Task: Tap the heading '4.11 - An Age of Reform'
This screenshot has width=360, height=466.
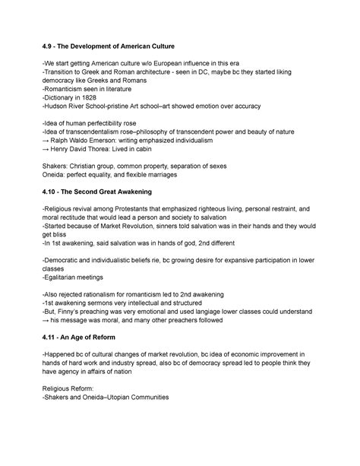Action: [x=90, y=336]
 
